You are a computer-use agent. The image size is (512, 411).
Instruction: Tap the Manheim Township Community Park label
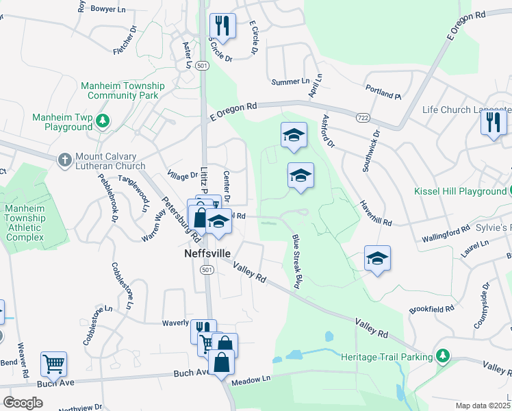pos(123,90)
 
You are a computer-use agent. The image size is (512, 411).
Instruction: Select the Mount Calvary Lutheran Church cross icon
pos(65,159)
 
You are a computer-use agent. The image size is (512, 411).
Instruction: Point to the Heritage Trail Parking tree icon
pos(443,356)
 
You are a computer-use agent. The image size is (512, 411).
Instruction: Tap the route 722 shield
pos(362,118)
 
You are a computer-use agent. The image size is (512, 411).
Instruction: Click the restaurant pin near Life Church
pos(493,123)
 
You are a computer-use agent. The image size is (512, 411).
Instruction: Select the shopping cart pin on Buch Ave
pos(53,364)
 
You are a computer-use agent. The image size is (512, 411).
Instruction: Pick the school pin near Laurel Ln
pos(377,258)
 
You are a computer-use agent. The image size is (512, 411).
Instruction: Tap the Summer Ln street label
pos(291,82)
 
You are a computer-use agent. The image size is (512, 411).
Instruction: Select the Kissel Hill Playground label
pos(460,192)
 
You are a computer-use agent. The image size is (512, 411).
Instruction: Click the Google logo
pos(23,402)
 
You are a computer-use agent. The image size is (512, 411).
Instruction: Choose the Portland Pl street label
pos(383,91)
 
